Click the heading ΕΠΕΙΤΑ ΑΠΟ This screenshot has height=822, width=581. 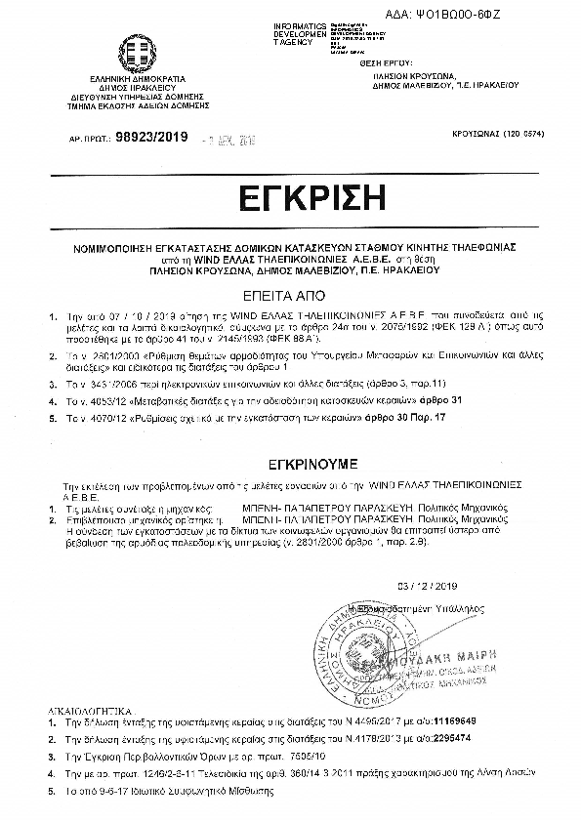click(x=290, y=291)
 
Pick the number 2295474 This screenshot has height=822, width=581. click(x=452, y=739)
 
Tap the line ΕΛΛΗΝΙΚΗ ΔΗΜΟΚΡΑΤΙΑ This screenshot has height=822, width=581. click(x=131, y=79)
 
